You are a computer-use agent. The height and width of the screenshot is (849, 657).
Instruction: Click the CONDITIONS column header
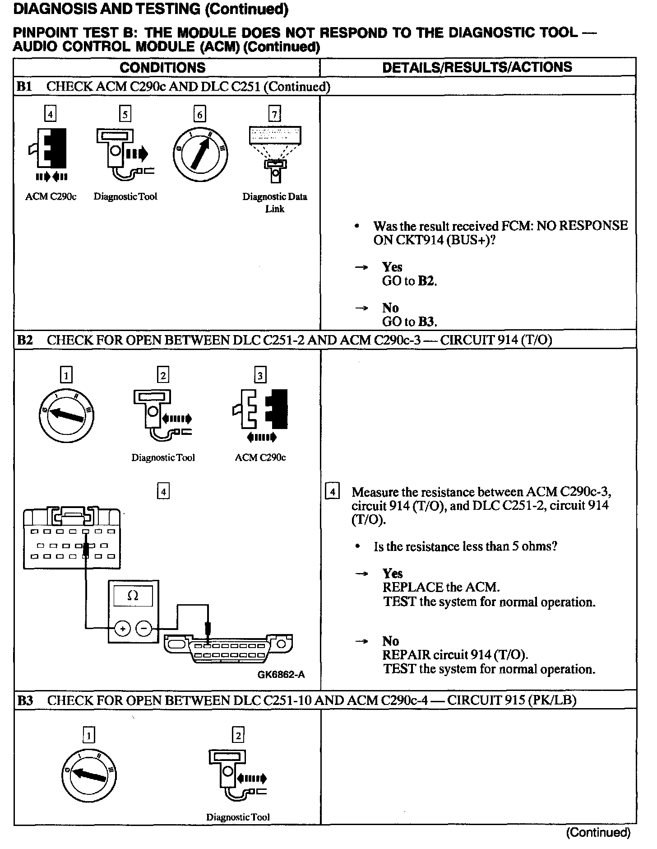click(x=162, y=68)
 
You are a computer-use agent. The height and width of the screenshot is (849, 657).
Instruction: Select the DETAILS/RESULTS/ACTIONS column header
click(x=477, y=67)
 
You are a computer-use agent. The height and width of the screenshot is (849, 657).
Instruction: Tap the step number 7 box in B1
click(x=274, y=114)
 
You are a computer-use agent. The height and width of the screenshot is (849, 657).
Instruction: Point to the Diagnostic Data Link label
click(x=274, y=202)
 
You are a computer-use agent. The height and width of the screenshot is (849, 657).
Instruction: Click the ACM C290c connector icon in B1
click(x=51, y=149)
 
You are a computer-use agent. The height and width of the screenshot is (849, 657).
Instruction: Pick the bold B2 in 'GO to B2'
click(x=427, y=281)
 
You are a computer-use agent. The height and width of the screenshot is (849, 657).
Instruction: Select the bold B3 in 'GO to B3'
click(x=427, y=322)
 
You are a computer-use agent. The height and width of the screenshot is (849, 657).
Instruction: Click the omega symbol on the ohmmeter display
click(x=133, y=596)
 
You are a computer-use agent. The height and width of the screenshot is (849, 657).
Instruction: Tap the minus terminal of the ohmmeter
click(x=144, y=628)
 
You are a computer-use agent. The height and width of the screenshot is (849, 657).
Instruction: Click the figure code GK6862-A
click(x=281, y=675)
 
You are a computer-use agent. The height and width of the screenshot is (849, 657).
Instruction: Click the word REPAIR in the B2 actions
click(x=407, y=655)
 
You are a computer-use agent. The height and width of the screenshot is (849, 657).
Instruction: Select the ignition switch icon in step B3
click(x=88, y=775)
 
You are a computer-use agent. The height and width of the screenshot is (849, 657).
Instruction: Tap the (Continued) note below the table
click(x=598, y=832)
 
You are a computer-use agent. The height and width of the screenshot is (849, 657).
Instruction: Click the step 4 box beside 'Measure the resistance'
click(x=332, y=491)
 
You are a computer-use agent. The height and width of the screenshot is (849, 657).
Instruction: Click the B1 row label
click(x=24, y=87)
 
